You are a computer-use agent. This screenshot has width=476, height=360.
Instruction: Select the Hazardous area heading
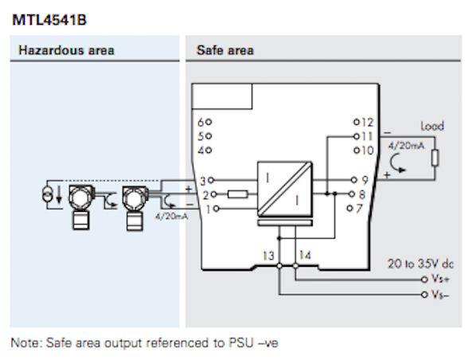click(x=66, y=50)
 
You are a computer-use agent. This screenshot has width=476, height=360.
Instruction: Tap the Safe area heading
click(x=224, y=50)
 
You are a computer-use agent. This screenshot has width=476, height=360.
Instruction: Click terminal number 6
click(x=201, y=122)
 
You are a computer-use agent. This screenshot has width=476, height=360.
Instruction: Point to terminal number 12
click(x=367, y=122)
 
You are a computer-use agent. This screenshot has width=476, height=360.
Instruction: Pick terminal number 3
click(x=202, y=180)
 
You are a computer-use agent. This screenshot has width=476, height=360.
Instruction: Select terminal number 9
click(x=365, y=180)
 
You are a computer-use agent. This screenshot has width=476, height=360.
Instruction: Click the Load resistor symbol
click(x=434, y=157)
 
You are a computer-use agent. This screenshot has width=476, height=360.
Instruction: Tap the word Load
click(x=432, y=126)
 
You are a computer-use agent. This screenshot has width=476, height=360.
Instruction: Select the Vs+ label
click(x=440, y=280)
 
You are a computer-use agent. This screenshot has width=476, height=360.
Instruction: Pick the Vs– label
click(x=440, y=294)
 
